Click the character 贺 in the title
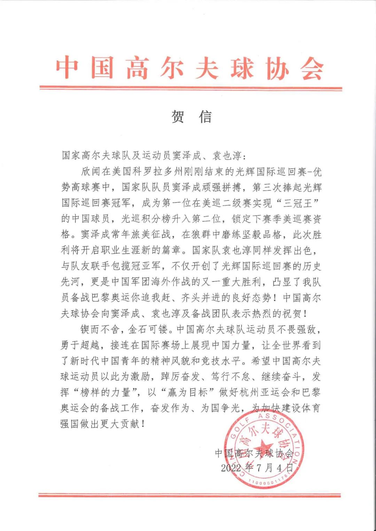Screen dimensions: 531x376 [178, 117]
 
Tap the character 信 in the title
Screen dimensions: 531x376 [205, 117]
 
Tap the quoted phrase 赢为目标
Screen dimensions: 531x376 [188, 393]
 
